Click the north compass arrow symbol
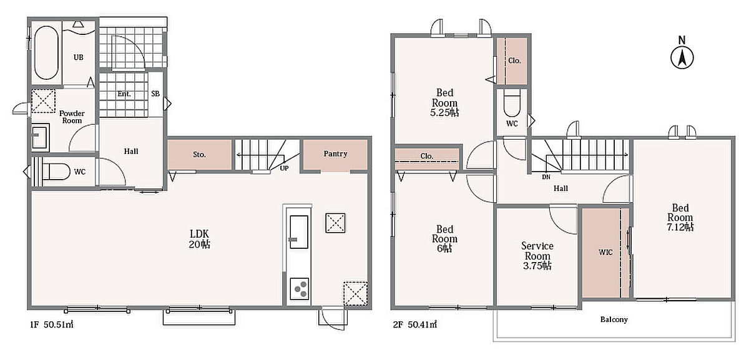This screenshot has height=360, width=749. pyautogui.click(x=682, y=58)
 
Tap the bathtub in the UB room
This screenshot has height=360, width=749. pyautogui.click(x=46, y=52)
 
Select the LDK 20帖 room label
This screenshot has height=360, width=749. pyautogui.click(x=199, y=239)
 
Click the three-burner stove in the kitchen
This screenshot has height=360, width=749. pyautogui.click(x=299, y=289)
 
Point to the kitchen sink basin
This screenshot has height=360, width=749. pyautogui.click(x=299, y=232)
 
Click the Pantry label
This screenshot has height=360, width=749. pyautogui.click(x=335, y=153)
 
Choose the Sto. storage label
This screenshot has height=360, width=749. pyautogui.click(x=199, y=155)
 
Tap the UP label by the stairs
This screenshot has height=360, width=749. pyautogui.click(x=284, y=168)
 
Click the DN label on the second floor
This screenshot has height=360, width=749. pyautogui.click(x=546, y=177)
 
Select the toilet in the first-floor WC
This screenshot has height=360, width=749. pyautogui.click(x=55, y=172)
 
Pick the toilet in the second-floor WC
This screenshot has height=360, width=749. pyautogui.click(x=512, y=104)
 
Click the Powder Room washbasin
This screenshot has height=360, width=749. pyautogui.click(x=40, y=136)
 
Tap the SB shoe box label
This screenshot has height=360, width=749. pyautogui.click(x=155, y=94)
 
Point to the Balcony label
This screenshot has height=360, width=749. pyautogui.click(x=614, y=319)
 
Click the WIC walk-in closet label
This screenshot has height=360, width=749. pyautogui.click(x=605, y=252)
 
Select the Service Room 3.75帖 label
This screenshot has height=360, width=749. pyautogui.click(x=537, y=256)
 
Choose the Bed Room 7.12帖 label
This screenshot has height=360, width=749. pyautogui.click(x=680, y=217)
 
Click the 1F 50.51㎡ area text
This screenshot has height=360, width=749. pyautogui.click(x=52, y=324)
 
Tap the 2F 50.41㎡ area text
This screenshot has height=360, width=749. pyautogui.click(x=415, y=324)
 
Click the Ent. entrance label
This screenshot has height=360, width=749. pyautogui.click(x=124, y=94)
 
